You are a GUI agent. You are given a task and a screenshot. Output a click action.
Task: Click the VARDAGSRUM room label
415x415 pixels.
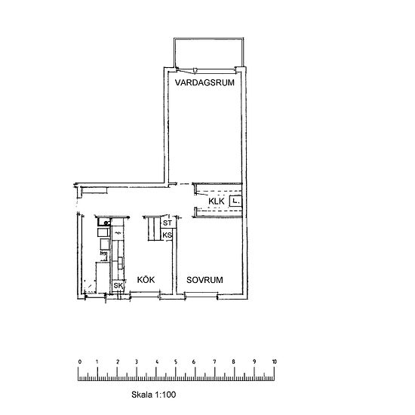204,82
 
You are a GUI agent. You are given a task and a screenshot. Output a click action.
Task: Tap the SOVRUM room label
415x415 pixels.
204,280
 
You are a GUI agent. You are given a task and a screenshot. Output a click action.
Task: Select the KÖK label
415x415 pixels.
146,279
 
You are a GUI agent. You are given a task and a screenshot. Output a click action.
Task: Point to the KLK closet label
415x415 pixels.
217,201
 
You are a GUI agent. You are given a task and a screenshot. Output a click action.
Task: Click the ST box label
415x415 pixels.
168,223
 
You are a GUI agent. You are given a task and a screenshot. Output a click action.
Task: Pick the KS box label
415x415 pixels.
167,235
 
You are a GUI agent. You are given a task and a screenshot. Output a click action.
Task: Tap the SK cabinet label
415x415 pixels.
118,286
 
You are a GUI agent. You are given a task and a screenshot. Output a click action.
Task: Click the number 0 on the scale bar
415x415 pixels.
80,361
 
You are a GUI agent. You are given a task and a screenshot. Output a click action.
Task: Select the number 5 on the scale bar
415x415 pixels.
176,361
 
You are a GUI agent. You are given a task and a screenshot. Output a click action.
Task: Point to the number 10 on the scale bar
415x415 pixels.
274,361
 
